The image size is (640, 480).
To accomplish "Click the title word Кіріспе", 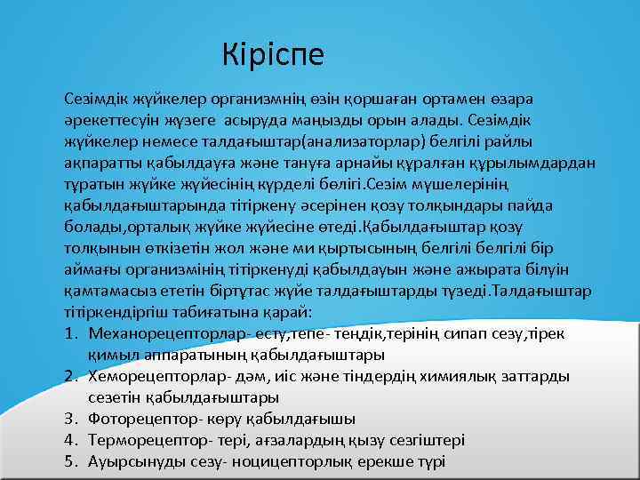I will (275, 54).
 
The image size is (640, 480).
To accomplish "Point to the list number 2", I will (70, 375).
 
